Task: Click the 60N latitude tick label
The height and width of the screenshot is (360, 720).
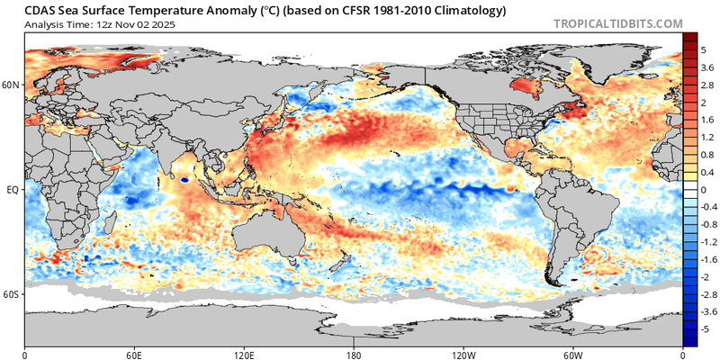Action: tap(12, 85)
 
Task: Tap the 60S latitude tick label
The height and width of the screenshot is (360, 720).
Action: tap(12, 294)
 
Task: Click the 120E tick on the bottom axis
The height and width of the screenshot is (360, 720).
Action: tap(244, 355)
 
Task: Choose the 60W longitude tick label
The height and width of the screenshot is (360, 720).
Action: tap(573, 355)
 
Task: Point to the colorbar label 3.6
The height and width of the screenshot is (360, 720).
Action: tap(707, 67)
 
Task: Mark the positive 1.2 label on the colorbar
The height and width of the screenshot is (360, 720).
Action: tap(707, 138)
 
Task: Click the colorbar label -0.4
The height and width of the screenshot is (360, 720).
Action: tap(707, 208)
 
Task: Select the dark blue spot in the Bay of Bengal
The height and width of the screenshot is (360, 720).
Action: tap(184, 179)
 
